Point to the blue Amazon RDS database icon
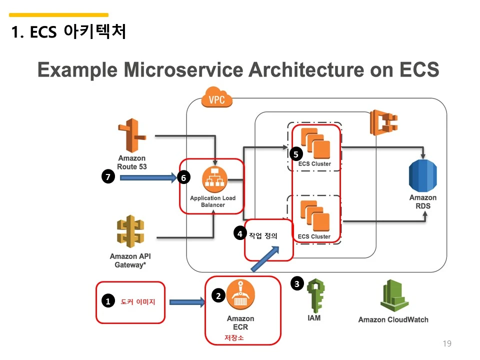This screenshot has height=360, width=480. tap(422, 175)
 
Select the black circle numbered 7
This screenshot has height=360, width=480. tap(108, 176)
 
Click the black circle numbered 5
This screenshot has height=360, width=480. tap(296, 154)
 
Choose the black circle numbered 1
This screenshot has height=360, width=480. tap(107, 301)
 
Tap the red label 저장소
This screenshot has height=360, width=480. tap(234, 338)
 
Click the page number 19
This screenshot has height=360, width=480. tap(447, 343)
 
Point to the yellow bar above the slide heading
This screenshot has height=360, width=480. tap(59, 15)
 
